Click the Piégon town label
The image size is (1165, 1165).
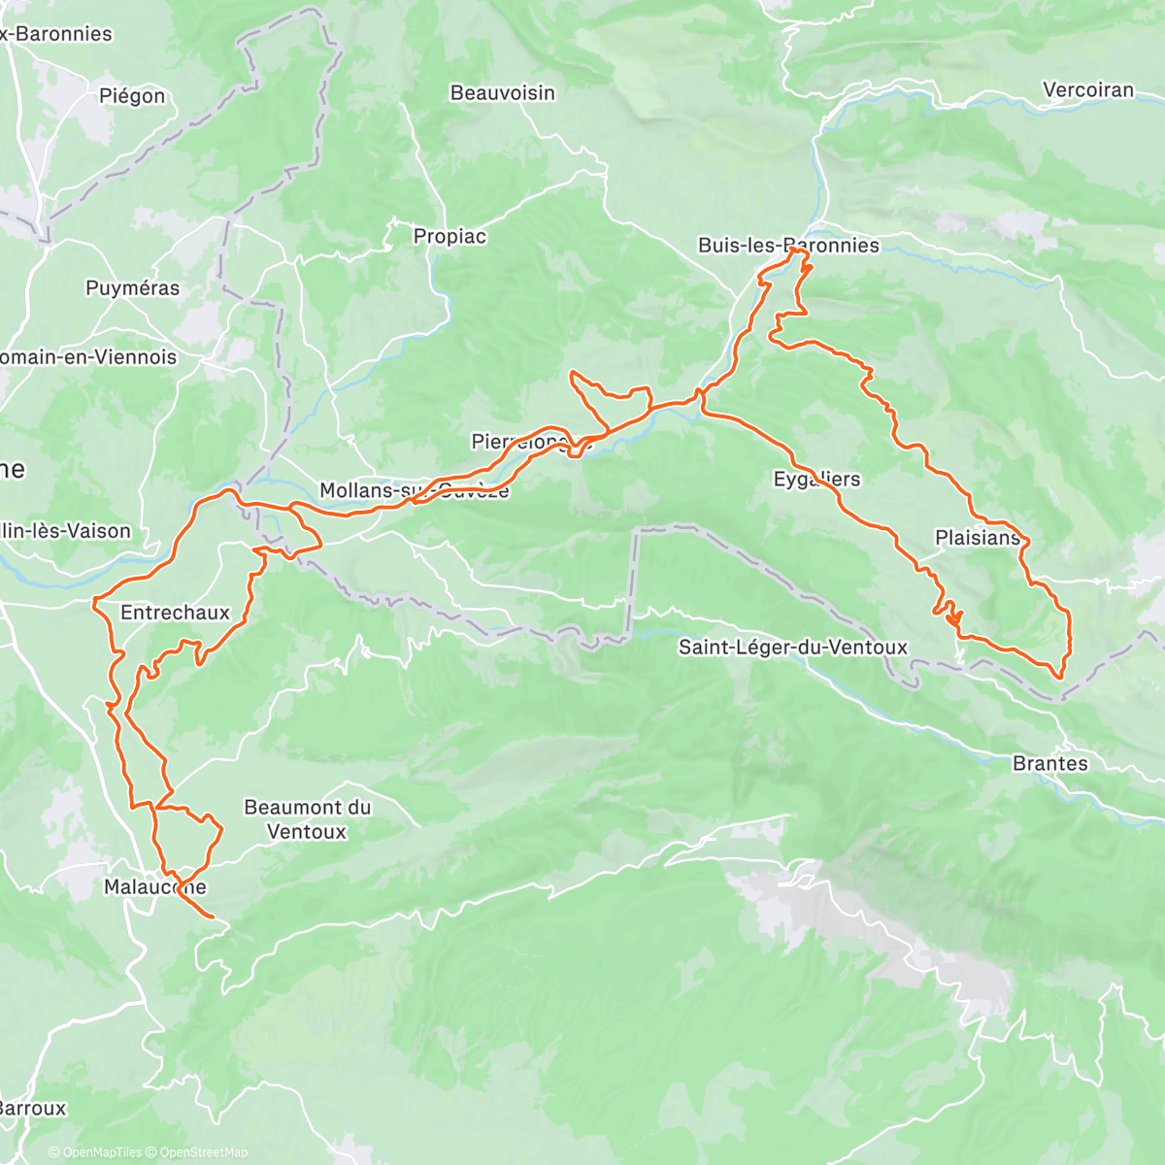click(132, 95)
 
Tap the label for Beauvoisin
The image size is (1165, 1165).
click(502, 93)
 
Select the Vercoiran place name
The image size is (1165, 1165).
click(1087, 90)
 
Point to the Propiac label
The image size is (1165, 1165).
click(449, 236)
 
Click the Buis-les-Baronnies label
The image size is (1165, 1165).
click(788, 246)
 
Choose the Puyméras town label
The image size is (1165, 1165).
click(132, 288)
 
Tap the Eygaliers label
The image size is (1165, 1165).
click(816, 480)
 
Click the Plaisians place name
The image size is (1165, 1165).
click(978, 538)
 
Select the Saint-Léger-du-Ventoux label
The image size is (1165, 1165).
click(792, 647)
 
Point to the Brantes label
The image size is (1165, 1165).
click(1049, 763)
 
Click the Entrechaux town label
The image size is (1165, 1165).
click(175, 613)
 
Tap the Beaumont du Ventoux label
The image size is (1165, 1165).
click(307, 819)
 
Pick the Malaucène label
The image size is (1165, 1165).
click(155, 887)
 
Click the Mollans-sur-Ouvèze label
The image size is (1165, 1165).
click(415, 490)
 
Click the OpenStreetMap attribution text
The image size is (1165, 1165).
click(204, 1152)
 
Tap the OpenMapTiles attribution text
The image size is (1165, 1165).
click(101, 1152)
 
